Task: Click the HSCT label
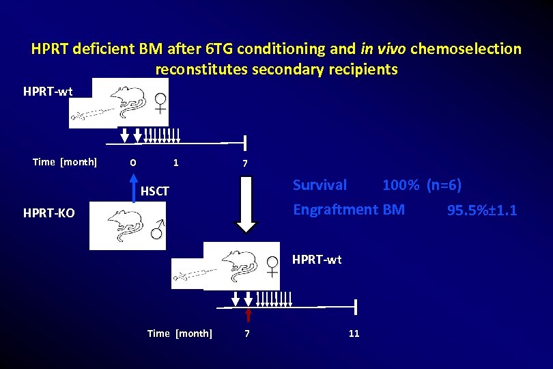(154, 191)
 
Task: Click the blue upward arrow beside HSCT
(134, 188)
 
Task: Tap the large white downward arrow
(246, 204)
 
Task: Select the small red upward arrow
(249, 314)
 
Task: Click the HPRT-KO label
(49, 213)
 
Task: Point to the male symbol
(157, 231)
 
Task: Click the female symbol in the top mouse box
(161, 102)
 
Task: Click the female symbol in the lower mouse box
(272, 266)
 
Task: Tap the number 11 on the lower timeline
(354, 333)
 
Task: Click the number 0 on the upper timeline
(133, 163)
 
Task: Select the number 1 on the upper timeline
(175, 163)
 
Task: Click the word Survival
(320, 185)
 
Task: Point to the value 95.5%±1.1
(482, 210)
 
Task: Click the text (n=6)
(444, 185)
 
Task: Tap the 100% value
(401, 185)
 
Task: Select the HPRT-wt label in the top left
(48, 92)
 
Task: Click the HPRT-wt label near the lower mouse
(317, 260)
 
